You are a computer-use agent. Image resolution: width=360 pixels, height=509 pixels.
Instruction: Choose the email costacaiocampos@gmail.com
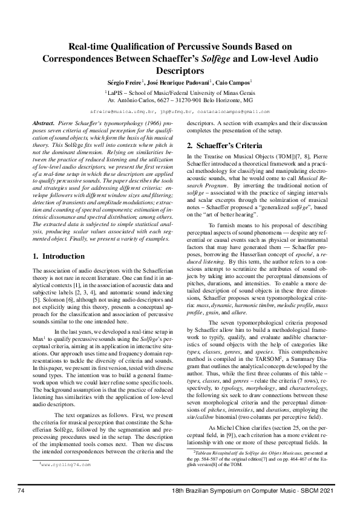coord(232,112)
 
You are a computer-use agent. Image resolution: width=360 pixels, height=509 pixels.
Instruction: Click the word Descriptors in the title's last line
coord(180,70)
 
